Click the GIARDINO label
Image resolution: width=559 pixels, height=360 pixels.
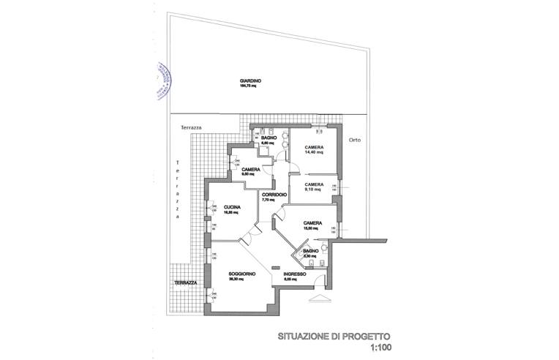(x=250, y=80)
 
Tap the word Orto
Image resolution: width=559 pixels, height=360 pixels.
(x=355, y=139)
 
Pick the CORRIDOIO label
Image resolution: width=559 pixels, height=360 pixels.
(x=274, y=194)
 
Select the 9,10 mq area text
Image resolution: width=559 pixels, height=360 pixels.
(x=313, y=190)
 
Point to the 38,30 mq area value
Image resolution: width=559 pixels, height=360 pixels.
(x=236, y=280)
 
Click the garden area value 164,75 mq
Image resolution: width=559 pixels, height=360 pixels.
(x=249, y=86)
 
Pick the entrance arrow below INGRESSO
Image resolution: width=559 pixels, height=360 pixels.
(x=320, y=300)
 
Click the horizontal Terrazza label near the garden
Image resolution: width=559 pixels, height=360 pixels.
(x=191, y=127)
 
